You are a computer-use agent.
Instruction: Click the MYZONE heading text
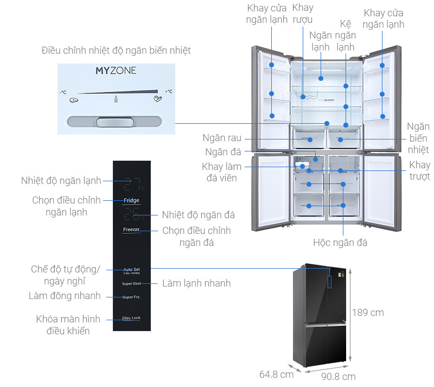116,71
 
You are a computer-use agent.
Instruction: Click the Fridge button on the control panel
131,200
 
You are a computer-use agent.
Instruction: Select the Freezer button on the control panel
131,230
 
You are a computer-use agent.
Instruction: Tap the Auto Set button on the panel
131,270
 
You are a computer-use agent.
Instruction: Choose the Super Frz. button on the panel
131,297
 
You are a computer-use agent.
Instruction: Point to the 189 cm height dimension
368,313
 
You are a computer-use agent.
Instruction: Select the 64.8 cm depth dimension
276,374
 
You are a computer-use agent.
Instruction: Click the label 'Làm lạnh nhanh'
196,283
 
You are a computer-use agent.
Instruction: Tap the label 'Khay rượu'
303,14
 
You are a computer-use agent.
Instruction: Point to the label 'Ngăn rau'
222,138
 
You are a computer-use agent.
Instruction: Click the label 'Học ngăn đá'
340,243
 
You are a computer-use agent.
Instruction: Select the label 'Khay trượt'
419,170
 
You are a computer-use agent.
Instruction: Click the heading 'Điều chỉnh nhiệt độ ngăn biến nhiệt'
116,50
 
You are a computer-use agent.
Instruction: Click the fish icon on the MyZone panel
74,99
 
